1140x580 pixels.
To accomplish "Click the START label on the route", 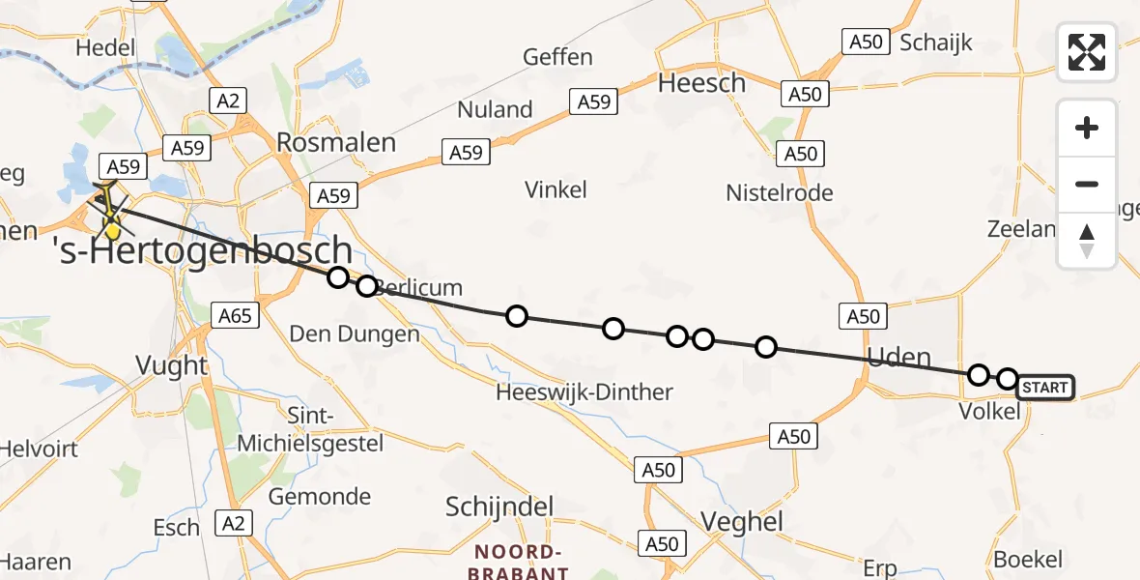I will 1044,388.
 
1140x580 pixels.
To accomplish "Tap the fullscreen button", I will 1087,52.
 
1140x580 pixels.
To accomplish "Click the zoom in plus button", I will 1087,128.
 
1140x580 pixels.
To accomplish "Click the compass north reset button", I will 1087,241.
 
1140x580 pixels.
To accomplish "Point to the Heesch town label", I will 701,83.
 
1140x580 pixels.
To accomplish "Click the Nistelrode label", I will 779,192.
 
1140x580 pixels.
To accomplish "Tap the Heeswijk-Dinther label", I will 584,391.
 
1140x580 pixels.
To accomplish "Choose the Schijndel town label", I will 499,507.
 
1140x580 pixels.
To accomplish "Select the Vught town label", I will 171,365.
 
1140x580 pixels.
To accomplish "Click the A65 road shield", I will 236,315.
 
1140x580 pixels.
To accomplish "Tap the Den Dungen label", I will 355,334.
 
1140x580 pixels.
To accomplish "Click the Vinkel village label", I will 556,189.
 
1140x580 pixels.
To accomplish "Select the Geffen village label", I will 557,57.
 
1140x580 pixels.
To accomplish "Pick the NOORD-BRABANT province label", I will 519,562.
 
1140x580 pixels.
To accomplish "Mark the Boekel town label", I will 1028,559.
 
